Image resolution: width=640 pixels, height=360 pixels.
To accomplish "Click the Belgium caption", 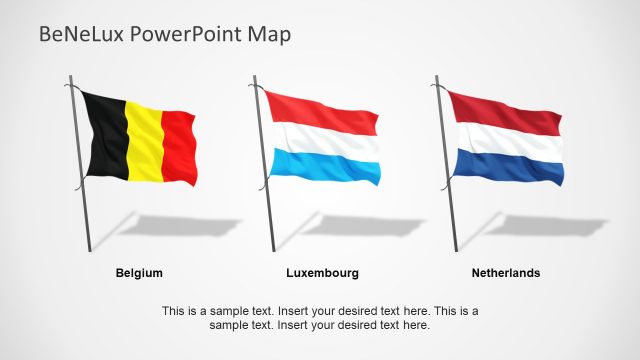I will (x=139, y=272).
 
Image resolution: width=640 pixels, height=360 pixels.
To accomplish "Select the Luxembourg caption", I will (x=322, y=272).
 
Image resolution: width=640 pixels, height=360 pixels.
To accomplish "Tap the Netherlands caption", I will (x=505, y=272).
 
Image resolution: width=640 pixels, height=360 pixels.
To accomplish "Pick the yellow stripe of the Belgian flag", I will (x=144, y=141).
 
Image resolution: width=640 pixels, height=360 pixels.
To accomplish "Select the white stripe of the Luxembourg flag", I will (x=324, y=140).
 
